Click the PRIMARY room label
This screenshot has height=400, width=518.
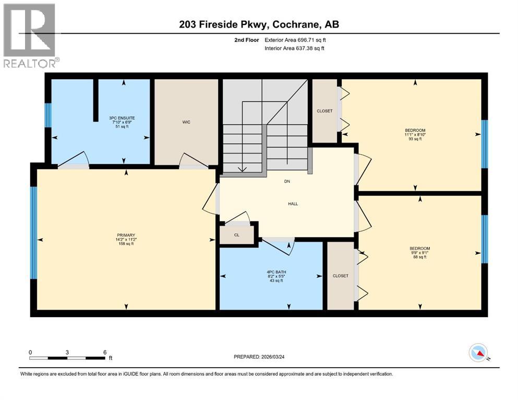125,235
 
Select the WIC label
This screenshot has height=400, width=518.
186,122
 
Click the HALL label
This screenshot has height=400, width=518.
293,204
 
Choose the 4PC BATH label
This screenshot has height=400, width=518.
276,271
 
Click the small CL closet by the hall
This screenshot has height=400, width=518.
237,235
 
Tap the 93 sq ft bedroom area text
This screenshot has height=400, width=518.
415,139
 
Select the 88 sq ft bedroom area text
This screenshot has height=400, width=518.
420,257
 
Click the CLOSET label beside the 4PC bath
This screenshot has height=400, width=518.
340,276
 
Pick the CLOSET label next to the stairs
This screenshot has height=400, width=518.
324,111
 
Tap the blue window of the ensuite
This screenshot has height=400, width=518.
48,115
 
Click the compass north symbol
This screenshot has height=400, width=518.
478,354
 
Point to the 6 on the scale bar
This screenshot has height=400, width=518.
105,352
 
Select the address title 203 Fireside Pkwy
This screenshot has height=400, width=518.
259,24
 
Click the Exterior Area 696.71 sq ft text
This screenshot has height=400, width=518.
295,40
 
